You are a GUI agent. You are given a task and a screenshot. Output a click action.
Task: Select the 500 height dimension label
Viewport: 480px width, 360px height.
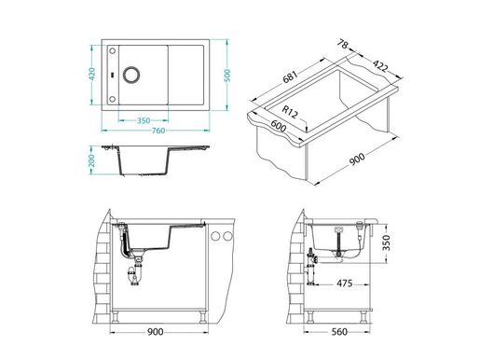[x=227, y=74]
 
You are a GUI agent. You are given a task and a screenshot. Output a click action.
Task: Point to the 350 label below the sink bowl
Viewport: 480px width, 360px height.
[x=144, y=119]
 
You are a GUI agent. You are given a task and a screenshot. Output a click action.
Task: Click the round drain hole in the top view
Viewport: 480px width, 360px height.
[x=129, y=74]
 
